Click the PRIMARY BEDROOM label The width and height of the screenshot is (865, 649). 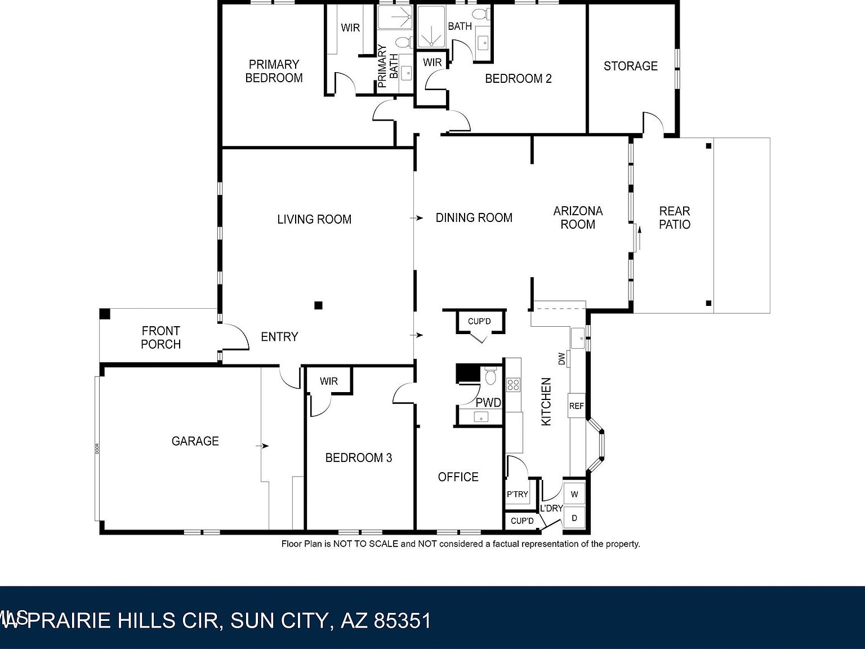(x=274, y=72)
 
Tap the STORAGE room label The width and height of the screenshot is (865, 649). (x=630, y=66)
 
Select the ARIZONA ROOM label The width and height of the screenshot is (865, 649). (x=578, y=217)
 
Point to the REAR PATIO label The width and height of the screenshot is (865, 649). (x=674, y=217)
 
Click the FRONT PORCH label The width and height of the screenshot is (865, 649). (x=160, y=337)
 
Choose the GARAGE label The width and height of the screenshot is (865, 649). (x=195, y=441)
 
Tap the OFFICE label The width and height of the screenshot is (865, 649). (x=458, y=477)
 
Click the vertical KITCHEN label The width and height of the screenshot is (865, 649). (x=546, y=402)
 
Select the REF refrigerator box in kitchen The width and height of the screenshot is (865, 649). (x=576, y=406)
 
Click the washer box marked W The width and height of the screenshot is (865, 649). (x=574, y=495)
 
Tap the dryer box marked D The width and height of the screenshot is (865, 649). (x=574, y=518)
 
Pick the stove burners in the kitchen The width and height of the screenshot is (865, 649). (x=512, y=385)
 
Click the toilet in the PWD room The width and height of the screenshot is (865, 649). (x=490, y=376)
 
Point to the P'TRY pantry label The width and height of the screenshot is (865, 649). (x=517, y=495)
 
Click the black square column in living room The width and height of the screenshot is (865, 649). (x=318, y=305)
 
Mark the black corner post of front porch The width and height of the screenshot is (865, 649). (x=104, y=314)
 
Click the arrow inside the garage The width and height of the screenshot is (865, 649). (x=262, y=446)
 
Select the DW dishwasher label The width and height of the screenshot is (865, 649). (x=561, y=359)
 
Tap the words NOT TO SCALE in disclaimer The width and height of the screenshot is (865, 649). (x=365, y=544)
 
